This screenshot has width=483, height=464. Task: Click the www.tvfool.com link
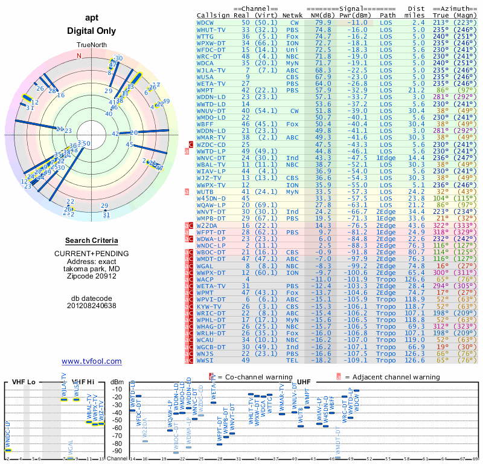point(91,361)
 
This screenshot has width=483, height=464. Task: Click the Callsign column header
point(214,15)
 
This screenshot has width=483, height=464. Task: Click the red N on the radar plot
point(78,56)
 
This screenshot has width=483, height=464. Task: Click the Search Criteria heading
point(91,240)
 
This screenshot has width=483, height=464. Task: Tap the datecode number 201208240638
point(91,305)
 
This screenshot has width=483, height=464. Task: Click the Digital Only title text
point(91,31)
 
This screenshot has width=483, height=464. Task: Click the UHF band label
point(305,382)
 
